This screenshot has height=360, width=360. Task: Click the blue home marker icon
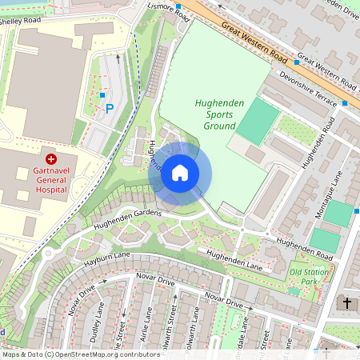[x=180, y=172]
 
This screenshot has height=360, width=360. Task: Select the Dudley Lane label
[x=95, y=323]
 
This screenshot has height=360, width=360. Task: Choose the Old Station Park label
[x=309, y=277]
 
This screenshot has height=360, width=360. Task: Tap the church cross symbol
[x=346, y=303]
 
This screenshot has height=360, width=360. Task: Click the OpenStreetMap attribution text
[x=80, y=354]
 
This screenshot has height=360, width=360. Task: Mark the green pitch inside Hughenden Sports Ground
[x=258, y=121]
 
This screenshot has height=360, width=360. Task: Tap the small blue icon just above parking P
[x=102, y=95]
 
